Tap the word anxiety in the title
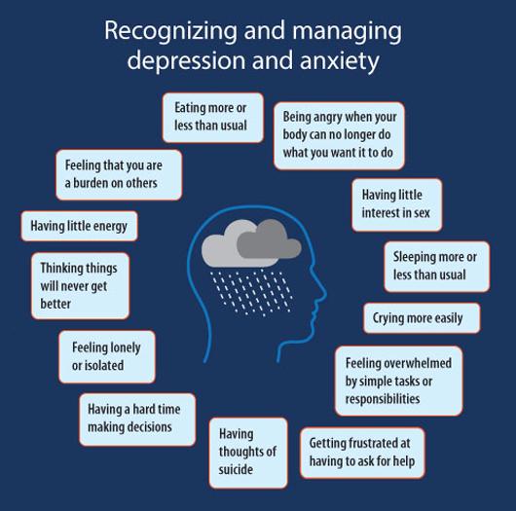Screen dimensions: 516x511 (x=340, y=62)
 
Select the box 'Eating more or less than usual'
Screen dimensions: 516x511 (x=213, y=118)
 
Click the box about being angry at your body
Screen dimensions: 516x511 (x=339, y=135)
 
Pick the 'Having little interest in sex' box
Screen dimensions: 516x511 (x=397, y=204)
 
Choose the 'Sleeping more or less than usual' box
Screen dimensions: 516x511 (x=437, y=267)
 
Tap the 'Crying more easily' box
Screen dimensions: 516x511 (x=422, y=318)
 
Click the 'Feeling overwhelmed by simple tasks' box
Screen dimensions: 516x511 (x=398, y=381)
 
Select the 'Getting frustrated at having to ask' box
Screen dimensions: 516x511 (x=362, y=453)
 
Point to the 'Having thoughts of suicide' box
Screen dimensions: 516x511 (x=248, y=453)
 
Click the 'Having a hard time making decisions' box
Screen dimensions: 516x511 (x=137, y=420)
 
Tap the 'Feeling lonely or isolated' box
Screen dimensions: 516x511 (x=107, y=356)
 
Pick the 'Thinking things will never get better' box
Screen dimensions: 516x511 (x=80, y=286)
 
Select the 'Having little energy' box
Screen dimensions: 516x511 (x=79, y=226)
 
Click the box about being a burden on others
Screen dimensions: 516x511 (x=119, y=175)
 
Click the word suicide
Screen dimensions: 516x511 (x=236, y=469)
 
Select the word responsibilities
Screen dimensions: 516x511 (x=383, y=399)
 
